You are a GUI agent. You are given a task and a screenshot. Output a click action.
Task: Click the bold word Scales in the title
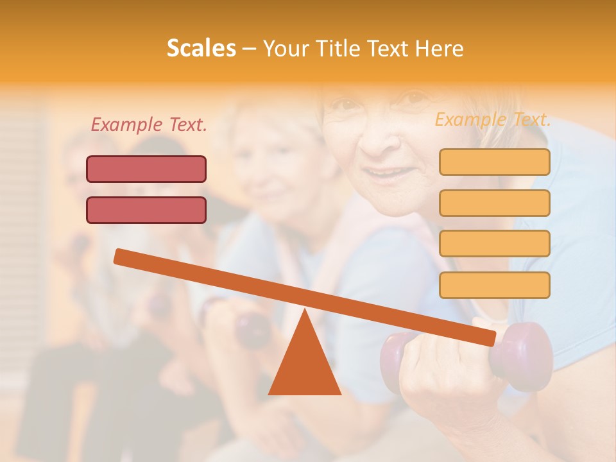201,48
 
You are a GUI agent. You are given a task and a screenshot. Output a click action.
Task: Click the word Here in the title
440,48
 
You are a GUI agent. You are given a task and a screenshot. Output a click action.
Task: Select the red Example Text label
149,124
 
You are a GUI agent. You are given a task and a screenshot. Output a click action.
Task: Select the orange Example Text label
493,119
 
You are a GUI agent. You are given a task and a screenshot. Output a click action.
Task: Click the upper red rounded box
146,169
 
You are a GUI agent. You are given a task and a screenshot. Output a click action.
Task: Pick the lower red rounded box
146,210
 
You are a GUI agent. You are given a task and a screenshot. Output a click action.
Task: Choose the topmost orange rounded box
495,162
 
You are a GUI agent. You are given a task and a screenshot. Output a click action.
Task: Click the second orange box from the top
495,203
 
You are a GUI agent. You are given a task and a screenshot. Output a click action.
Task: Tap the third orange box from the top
495,243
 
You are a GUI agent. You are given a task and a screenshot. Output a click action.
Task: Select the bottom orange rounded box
495,285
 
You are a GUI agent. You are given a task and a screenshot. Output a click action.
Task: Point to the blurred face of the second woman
269,164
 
